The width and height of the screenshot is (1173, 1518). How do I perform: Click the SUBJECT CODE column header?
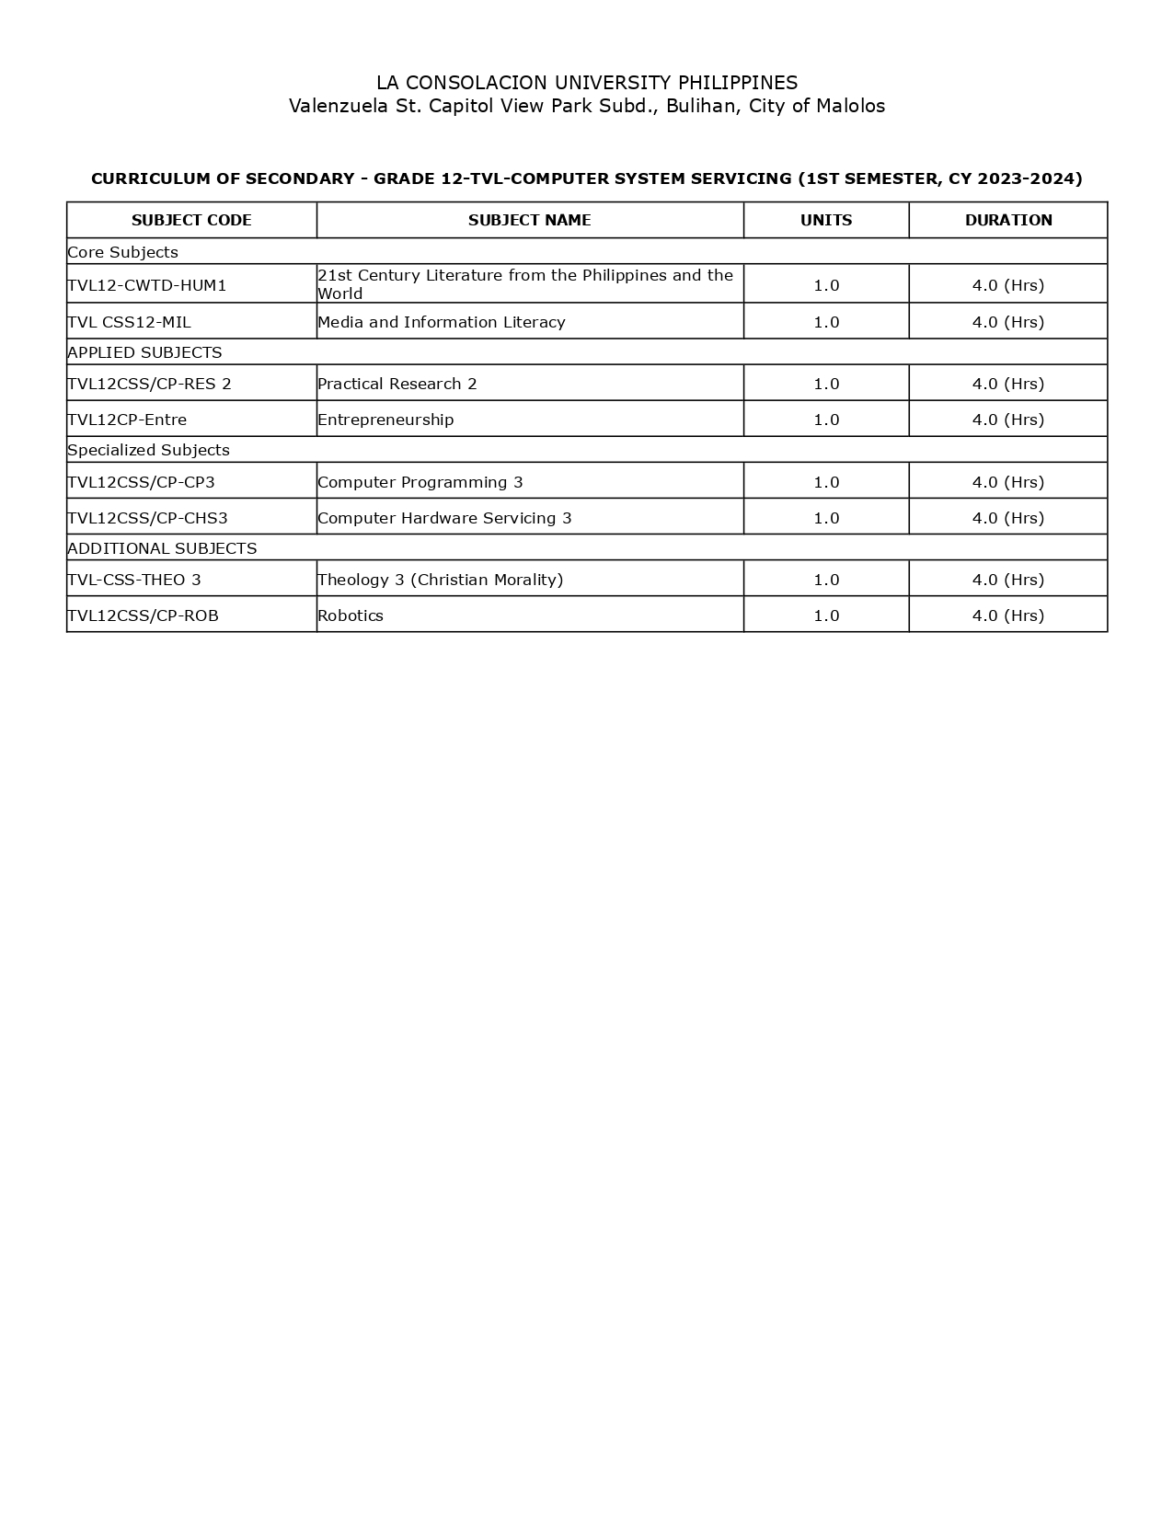coord(191,220)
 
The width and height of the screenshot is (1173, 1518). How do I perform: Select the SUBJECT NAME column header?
coord(529,220)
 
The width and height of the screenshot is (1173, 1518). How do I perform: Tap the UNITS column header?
coord(826,220)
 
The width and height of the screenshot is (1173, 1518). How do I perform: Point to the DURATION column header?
coord(1008,220)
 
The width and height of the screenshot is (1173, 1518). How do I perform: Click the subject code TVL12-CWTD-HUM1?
coord(147,285)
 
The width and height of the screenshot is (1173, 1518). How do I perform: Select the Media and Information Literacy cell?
coord(442,322)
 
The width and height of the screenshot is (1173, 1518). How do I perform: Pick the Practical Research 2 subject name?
coord(397,384)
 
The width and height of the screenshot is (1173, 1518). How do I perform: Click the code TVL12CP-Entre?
coord(127,420)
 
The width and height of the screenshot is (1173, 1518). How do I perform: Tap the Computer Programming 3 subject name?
coord(420,482)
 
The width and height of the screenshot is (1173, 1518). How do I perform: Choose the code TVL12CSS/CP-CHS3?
coord(147,518)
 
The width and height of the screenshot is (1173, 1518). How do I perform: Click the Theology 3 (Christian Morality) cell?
coord(440,580)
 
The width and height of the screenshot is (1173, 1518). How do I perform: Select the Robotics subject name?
coord(351,615)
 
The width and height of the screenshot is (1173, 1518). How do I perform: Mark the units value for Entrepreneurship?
coord(826,420)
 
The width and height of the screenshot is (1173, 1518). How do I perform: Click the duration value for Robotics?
coord(1008,615)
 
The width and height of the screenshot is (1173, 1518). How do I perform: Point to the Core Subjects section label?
coord(122,252)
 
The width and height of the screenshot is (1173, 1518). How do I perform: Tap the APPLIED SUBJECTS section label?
coord(144,352)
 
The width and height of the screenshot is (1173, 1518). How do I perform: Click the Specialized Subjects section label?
coord(148,450)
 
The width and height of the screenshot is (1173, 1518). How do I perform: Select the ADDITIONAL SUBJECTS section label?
coord(162,548)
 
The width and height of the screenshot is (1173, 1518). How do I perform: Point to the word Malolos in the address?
coord(850,106)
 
